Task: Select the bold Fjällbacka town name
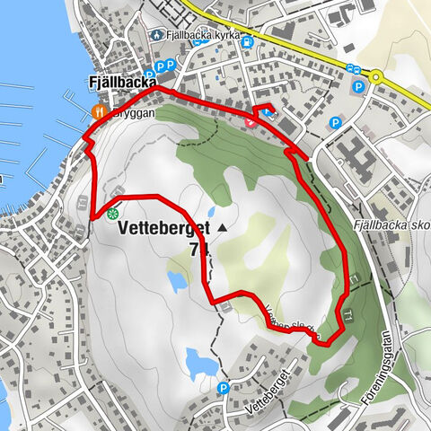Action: pyautogui.click(x=119, y=83)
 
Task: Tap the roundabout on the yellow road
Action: pyautogui.click(x=376, y=76)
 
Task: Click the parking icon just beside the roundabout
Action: pyautogui.click(x=358, y=88)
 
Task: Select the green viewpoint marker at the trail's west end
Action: pyautogui.click(x=113, y=214)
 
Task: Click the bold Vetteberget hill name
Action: pyautogui.click(x=162, y=229)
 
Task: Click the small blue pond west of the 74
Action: pyautogui.click(x=177, y=281)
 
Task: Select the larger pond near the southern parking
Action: pyautogui.click(x=198, y=363)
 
